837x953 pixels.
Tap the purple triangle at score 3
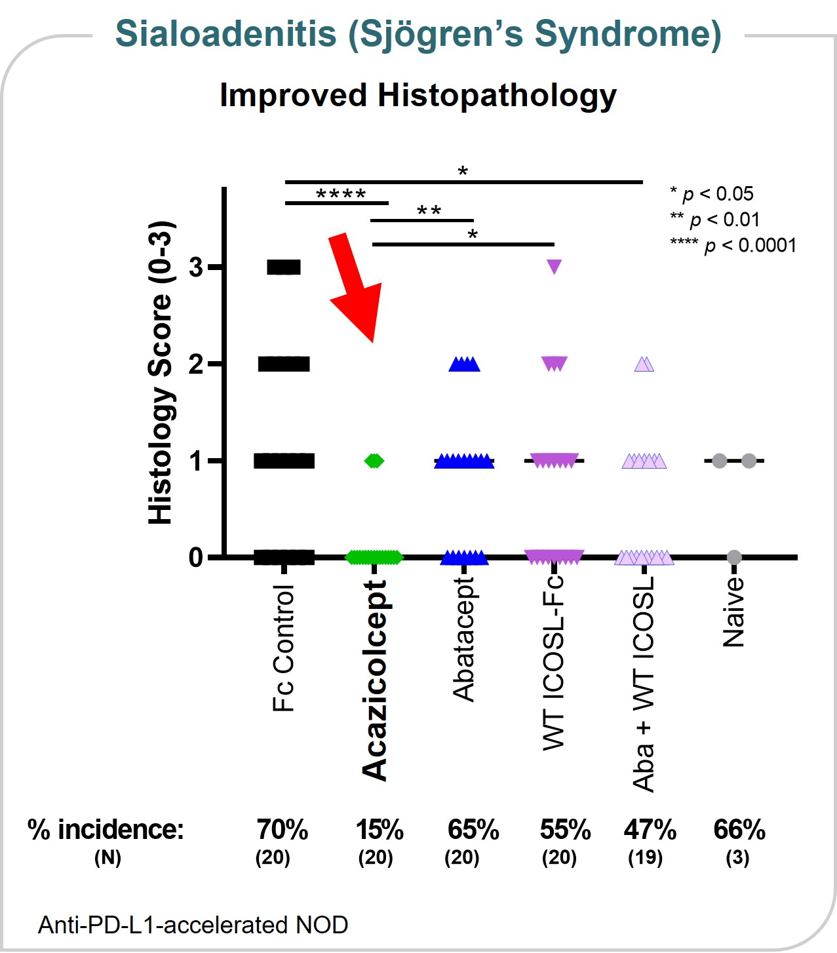point(555,267)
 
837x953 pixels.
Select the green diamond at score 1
point(374,461)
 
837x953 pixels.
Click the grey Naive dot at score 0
point(734,557)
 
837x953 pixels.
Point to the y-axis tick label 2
point(196,364)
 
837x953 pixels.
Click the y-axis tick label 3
point(196,267)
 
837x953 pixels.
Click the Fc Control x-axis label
point(284,648)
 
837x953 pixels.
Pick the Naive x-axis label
point(734,613)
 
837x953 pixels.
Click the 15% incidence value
point(380,830)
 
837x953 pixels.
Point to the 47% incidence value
point(650,830)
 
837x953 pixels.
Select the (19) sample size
point(646,857)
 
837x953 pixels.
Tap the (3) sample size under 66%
point(737,857)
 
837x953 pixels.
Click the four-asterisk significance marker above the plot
point(341,195)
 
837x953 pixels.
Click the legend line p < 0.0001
point(733,245)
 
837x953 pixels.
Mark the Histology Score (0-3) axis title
point(160,372)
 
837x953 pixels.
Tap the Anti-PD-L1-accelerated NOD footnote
point(193,925)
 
